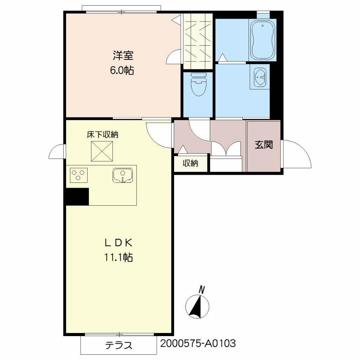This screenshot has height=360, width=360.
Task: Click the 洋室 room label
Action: tap(123, 56)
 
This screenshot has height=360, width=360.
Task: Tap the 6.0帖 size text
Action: tap(122, 70)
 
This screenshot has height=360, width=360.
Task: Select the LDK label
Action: tap(118, 243)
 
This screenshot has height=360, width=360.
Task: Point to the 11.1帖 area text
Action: tap(118, 257)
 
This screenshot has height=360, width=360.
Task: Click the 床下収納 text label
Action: tap(102, 135)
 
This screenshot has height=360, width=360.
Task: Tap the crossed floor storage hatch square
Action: tap(102, 151)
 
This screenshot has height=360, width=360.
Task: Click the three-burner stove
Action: tap(78, 175)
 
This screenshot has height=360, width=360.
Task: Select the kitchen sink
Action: tap(123, 175)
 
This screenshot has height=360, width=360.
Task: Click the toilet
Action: tap(198, 84)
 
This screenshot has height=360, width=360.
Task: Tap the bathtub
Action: tap(263, 40)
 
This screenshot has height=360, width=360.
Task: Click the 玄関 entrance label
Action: tap(264, 144)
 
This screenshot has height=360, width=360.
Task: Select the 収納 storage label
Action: tap(190, 163)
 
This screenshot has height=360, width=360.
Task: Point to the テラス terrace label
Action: tap(119, 345)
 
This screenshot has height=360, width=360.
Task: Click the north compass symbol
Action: tap(197, 307)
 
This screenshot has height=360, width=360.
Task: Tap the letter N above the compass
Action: tap(201, 290)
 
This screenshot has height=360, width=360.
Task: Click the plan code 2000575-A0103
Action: tap(198, 343)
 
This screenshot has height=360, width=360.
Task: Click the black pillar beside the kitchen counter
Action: tap(77, 197)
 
